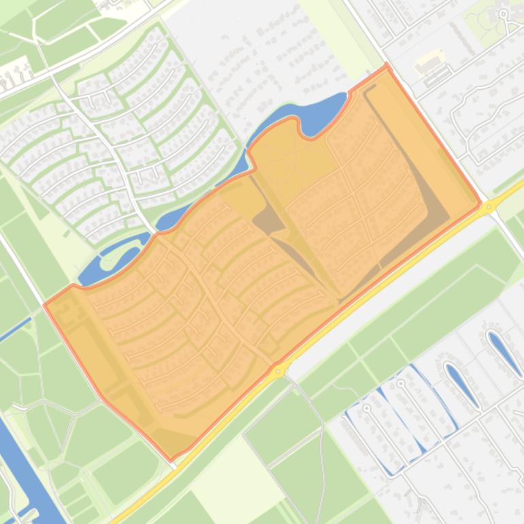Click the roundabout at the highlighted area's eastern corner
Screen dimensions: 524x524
(x=489, y=206)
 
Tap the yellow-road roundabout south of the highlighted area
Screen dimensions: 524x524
(x=278, y=372)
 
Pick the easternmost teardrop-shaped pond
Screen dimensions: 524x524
(x=505, y=353)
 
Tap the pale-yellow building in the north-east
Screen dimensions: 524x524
(x=429, y=62)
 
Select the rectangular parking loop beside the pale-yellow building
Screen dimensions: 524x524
(x=436, y=77)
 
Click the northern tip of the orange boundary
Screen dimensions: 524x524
(x=387, y=65)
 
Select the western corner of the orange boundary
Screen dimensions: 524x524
(x=45, y=304)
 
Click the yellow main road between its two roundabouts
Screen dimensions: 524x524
(x=381, y=289)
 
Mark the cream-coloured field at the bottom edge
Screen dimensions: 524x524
(x=225, y=476)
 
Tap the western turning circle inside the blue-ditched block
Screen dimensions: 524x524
(x=367, y=408)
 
